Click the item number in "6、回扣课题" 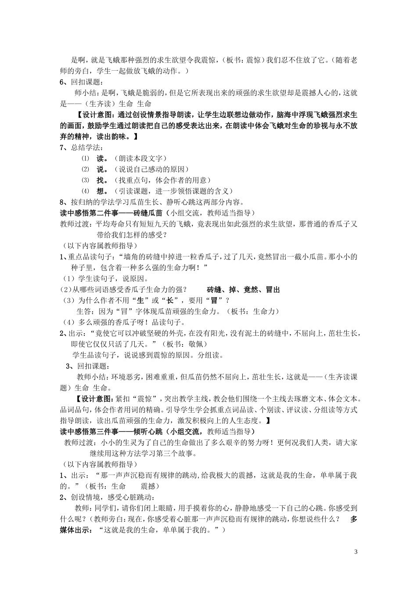[x=62, y=82]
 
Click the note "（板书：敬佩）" [x=184, y=344]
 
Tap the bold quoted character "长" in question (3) [x=169, y=301]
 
